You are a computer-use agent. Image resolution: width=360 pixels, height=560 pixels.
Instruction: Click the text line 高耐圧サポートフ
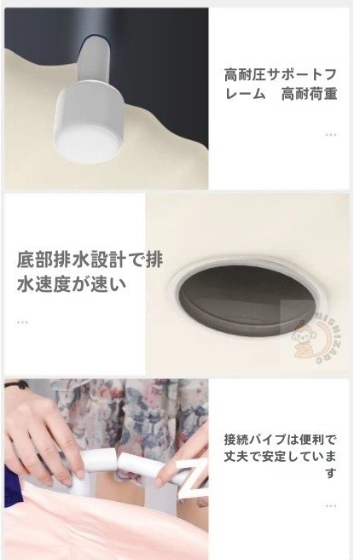[x=279, y=73]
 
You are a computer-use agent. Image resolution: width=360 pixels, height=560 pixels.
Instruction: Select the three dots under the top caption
[x=330, y=135]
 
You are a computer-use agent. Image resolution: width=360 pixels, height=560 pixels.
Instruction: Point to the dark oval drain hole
[x=249, y=299]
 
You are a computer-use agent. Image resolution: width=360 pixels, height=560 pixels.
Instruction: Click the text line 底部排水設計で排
[x=90, y=260]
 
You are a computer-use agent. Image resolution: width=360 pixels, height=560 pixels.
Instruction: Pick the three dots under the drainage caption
[x=22, y=323]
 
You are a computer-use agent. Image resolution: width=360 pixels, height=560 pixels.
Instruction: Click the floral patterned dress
[x=145, y=410]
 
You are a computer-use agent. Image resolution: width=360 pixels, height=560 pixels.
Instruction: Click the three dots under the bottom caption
[x=330, y=506]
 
